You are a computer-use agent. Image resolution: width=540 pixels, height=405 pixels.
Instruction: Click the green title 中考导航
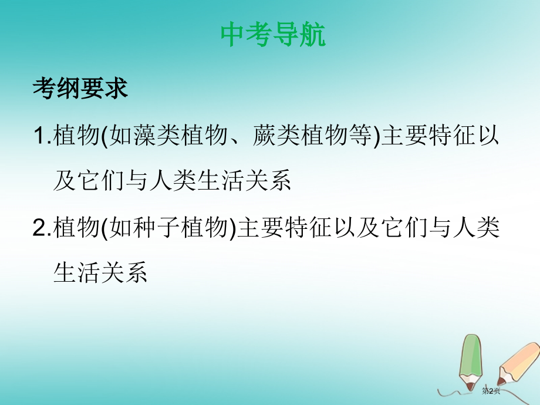point(273,35)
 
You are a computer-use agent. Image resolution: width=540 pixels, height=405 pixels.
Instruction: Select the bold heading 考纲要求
point(80,89)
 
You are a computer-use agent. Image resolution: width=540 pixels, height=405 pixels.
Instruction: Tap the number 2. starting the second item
point(42,228)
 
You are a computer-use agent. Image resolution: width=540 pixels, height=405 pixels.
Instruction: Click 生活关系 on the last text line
point(100,273)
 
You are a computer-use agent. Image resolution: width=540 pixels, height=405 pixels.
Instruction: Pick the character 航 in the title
point(312,35)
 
